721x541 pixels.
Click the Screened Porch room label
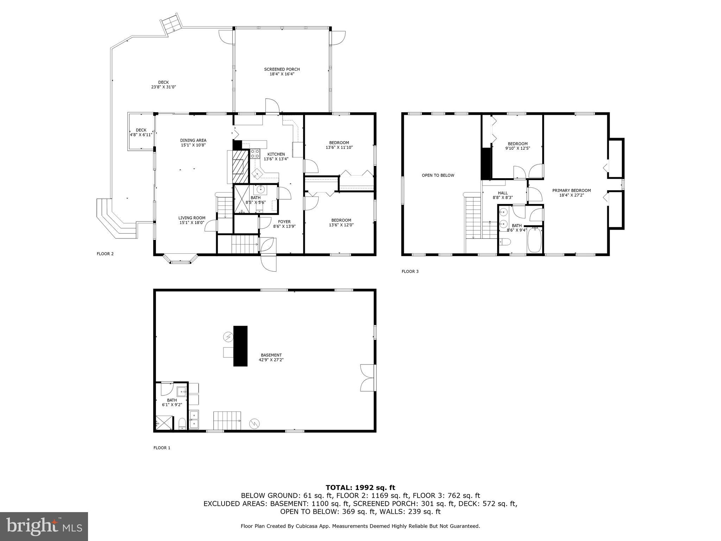(x=282, y=71)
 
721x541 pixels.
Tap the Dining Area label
(x=193, y=143)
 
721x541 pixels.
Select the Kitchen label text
(x=276, y=156)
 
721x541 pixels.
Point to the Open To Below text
(x=438, y=175)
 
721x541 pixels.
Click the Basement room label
(x=271, y=357)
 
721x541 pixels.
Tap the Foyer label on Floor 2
(x=284, y=224)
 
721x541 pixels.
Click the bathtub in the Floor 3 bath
(x=535, y=240)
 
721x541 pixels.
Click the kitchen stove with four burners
(x=255, y=154)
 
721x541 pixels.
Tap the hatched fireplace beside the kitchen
(x=239, y=167)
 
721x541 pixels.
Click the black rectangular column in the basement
(x=240, y=346)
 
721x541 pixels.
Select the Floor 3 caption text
(x=410, y=271)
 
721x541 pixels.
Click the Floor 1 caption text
(x=162, y=448)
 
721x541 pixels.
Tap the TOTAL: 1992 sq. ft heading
(x=360, y=487)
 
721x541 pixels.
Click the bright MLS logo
(x=44, y=526)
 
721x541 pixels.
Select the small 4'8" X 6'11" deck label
(x=141, y=132)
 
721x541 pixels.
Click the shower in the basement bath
(x=164, y=423)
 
